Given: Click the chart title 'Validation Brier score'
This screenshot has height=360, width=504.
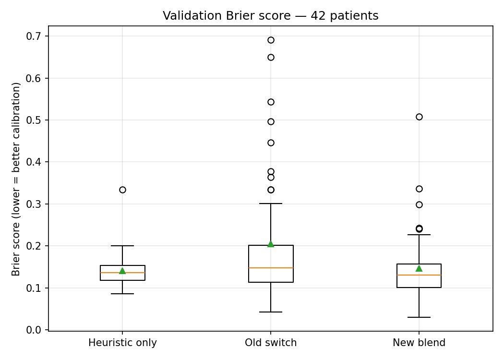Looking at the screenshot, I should coord(270,16).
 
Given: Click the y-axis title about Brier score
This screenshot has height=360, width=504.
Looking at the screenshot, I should coord(16,179).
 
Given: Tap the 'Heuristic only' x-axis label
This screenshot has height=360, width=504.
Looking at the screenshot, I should coord(122,343).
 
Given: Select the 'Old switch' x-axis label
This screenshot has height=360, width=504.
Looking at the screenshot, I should coord(271,343).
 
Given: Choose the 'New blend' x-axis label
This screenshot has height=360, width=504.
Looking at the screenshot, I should coord(419,343).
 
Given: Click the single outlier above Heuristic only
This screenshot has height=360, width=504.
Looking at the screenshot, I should coord(122,190).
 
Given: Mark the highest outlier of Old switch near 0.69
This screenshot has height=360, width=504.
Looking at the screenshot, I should coord(271,40).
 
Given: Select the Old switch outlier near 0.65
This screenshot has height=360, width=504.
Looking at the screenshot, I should coord(271,57).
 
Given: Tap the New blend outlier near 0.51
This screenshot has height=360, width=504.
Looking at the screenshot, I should coord(419,117).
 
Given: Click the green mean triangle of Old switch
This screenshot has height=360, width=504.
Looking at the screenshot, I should coord(271,244).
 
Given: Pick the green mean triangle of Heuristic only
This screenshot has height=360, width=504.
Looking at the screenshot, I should coord(122,271).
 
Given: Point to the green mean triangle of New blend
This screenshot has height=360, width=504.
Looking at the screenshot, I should coord(419,268).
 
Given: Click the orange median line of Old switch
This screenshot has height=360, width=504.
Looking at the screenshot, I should coord(271,268).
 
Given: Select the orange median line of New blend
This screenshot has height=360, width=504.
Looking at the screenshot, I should coord(419,275).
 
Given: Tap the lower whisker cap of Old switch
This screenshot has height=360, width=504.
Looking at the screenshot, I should coord(271,312).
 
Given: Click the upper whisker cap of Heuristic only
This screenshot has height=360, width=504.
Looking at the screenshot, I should coord(122,246).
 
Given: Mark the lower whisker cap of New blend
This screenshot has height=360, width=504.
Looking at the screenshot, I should coord(419,317).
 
